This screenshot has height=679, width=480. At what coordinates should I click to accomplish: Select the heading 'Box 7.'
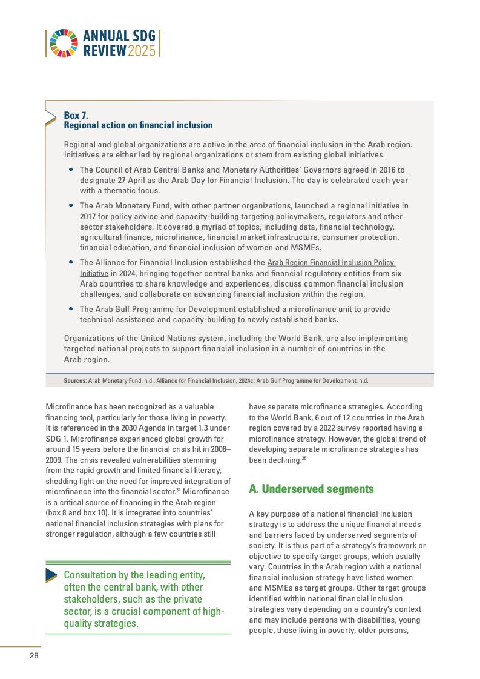point(76,115)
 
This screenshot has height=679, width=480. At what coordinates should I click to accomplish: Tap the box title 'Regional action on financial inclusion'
point(138,125)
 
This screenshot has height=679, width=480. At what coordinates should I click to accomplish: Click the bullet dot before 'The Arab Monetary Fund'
point(72,206)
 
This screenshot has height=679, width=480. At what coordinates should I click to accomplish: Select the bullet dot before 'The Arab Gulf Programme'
point(72,309)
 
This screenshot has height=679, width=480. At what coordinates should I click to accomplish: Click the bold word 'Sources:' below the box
point(75,380)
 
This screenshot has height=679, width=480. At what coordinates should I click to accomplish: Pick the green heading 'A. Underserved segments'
point(311,489)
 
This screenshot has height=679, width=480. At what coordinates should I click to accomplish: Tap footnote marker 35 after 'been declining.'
point(304,459)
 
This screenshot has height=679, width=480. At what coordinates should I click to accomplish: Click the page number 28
point(35,656)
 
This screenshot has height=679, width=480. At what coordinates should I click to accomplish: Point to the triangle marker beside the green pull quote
point(51,576)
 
